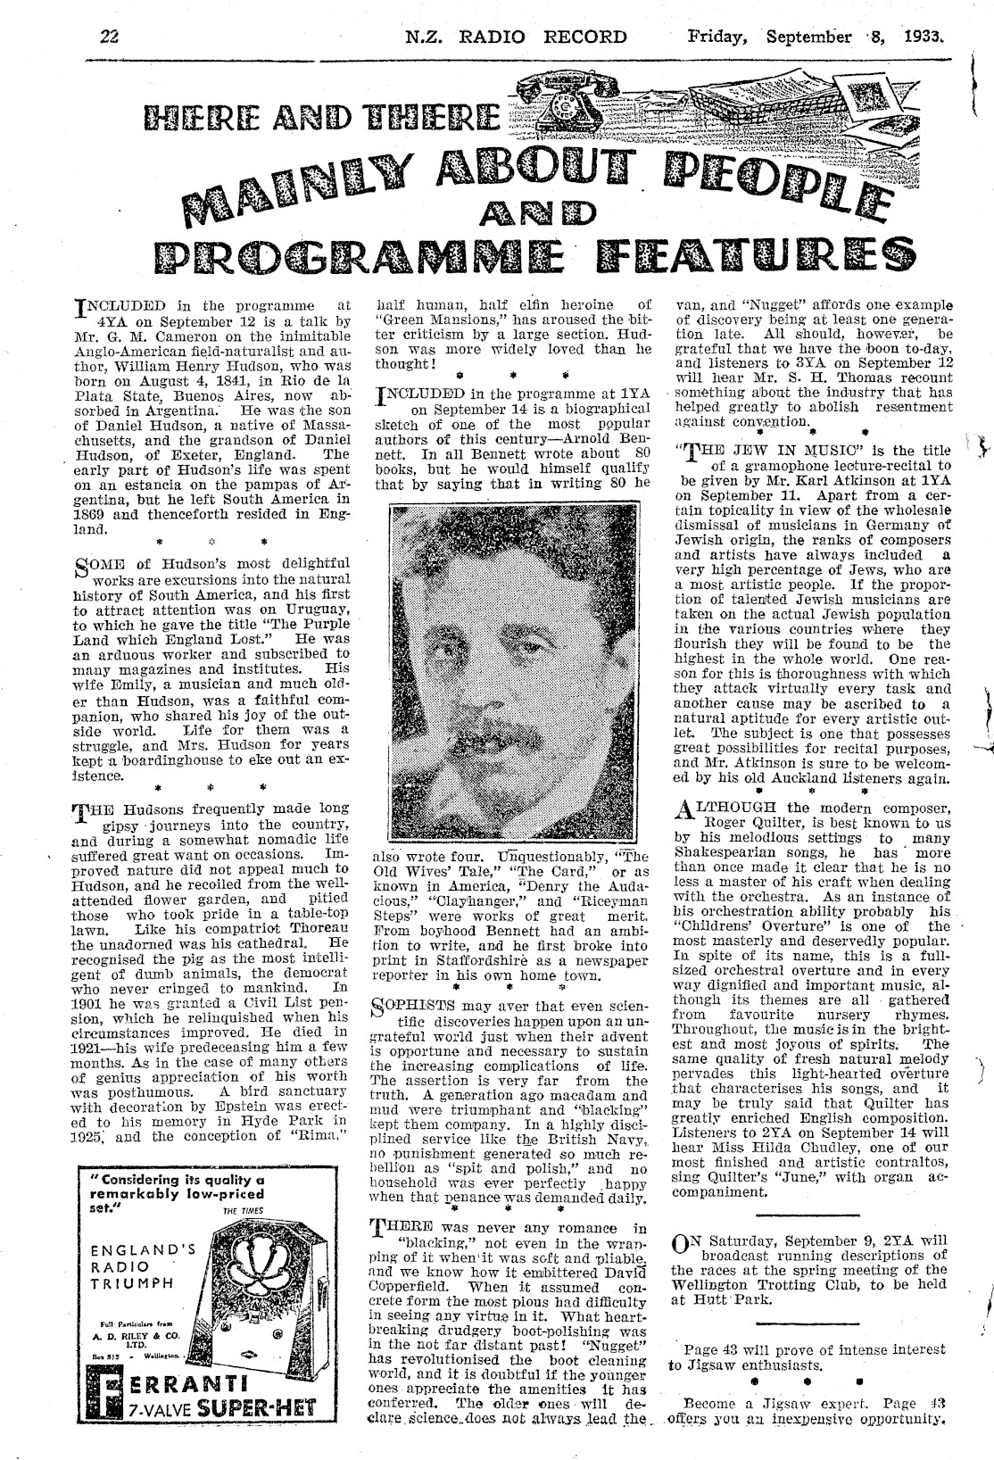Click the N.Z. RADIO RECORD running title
[x=515, y=37]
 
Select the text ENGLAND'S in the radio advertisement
[x=134, y=1249]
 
